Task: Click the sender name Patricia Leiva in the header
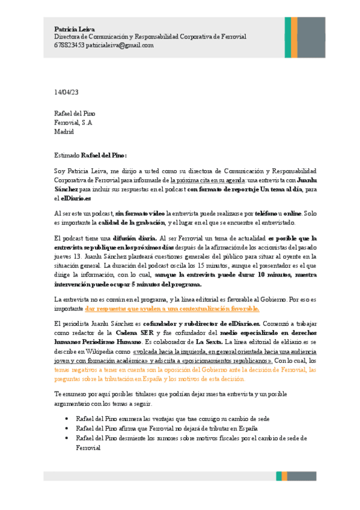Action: [x=70, y=29]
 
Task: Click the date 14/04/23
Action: [x=66, y=92]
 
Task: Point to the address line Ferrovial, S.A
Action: [x=73, y=122]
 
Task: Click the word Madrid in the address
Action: [x=64, y=131]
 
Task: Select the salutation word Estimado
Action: [x=67, y=155]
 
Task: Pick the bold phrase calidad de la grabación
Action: [x=141, y=222]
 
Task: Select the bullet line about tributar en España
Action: [x=166, y=428]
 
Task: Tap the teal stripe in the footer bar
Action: [x=278, y=476]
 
